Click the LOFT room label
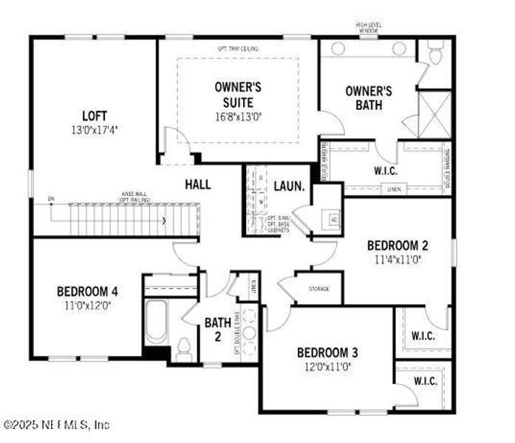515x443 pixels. point(95,115)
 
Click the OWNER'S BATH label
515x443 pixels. point(369,98)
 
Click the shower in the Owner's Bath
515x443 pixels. point(432,111)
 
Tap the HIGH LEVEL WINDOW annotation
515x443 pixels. point(368,28)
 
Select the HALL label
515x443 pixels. point(197,184)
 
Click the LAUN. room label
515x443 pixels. point(289,187)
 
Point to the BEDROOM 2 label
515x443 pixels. point(398,246)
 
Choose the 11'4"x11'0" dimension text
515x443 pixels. point(398,259)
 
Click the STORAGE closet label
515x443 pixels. point(319,289)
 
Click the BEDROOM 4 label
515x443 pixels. point(87,291)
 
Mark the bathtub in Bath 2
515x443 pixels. point(157,322)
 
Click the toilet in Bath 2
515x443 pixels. point(185,346)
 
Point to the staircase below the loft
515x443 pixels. point(126,220)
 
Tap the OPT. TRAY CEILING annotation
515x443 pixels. point(238,49)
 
